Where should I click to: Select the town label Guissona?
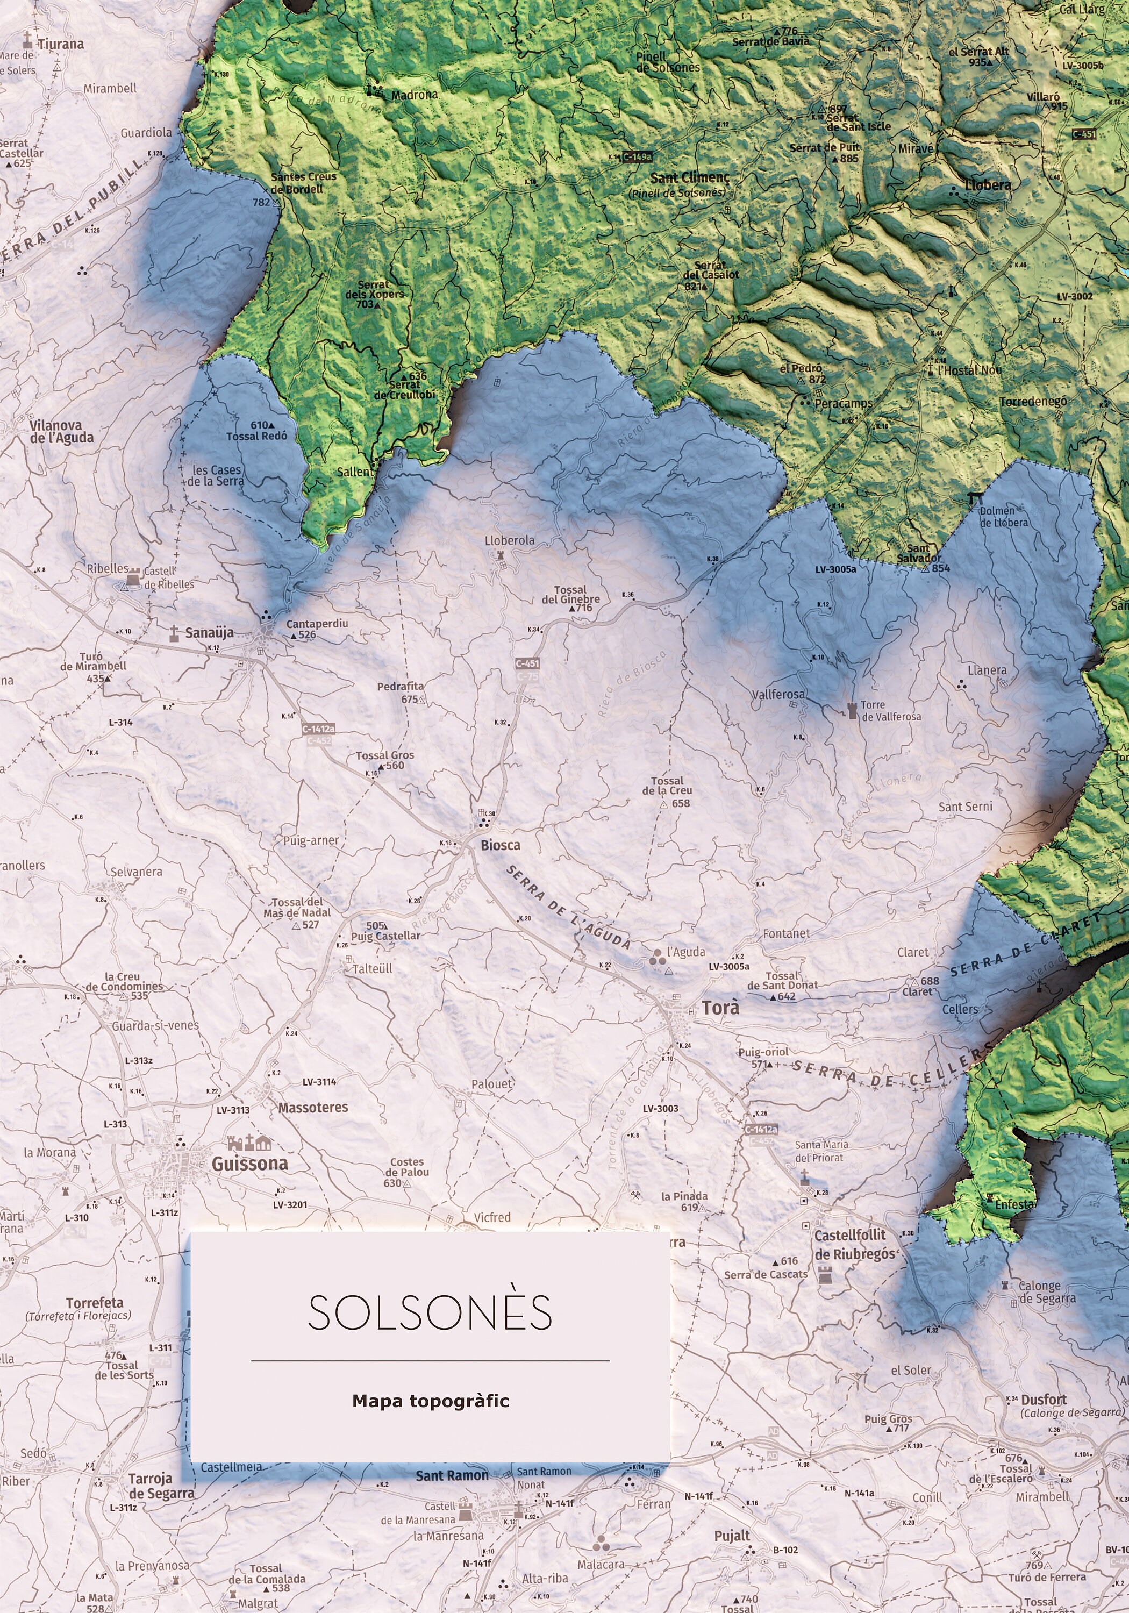coord(249,1164)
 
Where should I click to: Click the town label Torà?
coord(720,1008)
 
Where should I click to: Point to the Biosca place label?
coord(500,845)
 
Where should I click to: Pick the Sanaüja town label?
coord(209,633)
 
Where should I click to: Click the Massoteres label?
coord(313,1108)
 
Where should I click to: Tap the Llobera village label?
coord(988,185)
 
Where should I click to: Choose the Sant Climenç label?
coord(690,178)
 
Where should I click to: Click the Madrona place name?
coord(414,95)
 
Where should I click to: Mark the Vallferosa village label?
coord(778,694)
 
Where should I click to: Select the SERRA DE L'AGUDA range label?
coord(568,907)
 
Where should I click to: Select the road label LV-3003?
coord(660,1109)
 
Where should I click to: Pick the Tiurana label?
coord(60,44)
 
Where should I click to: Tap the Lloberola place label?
coord(509,540)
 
